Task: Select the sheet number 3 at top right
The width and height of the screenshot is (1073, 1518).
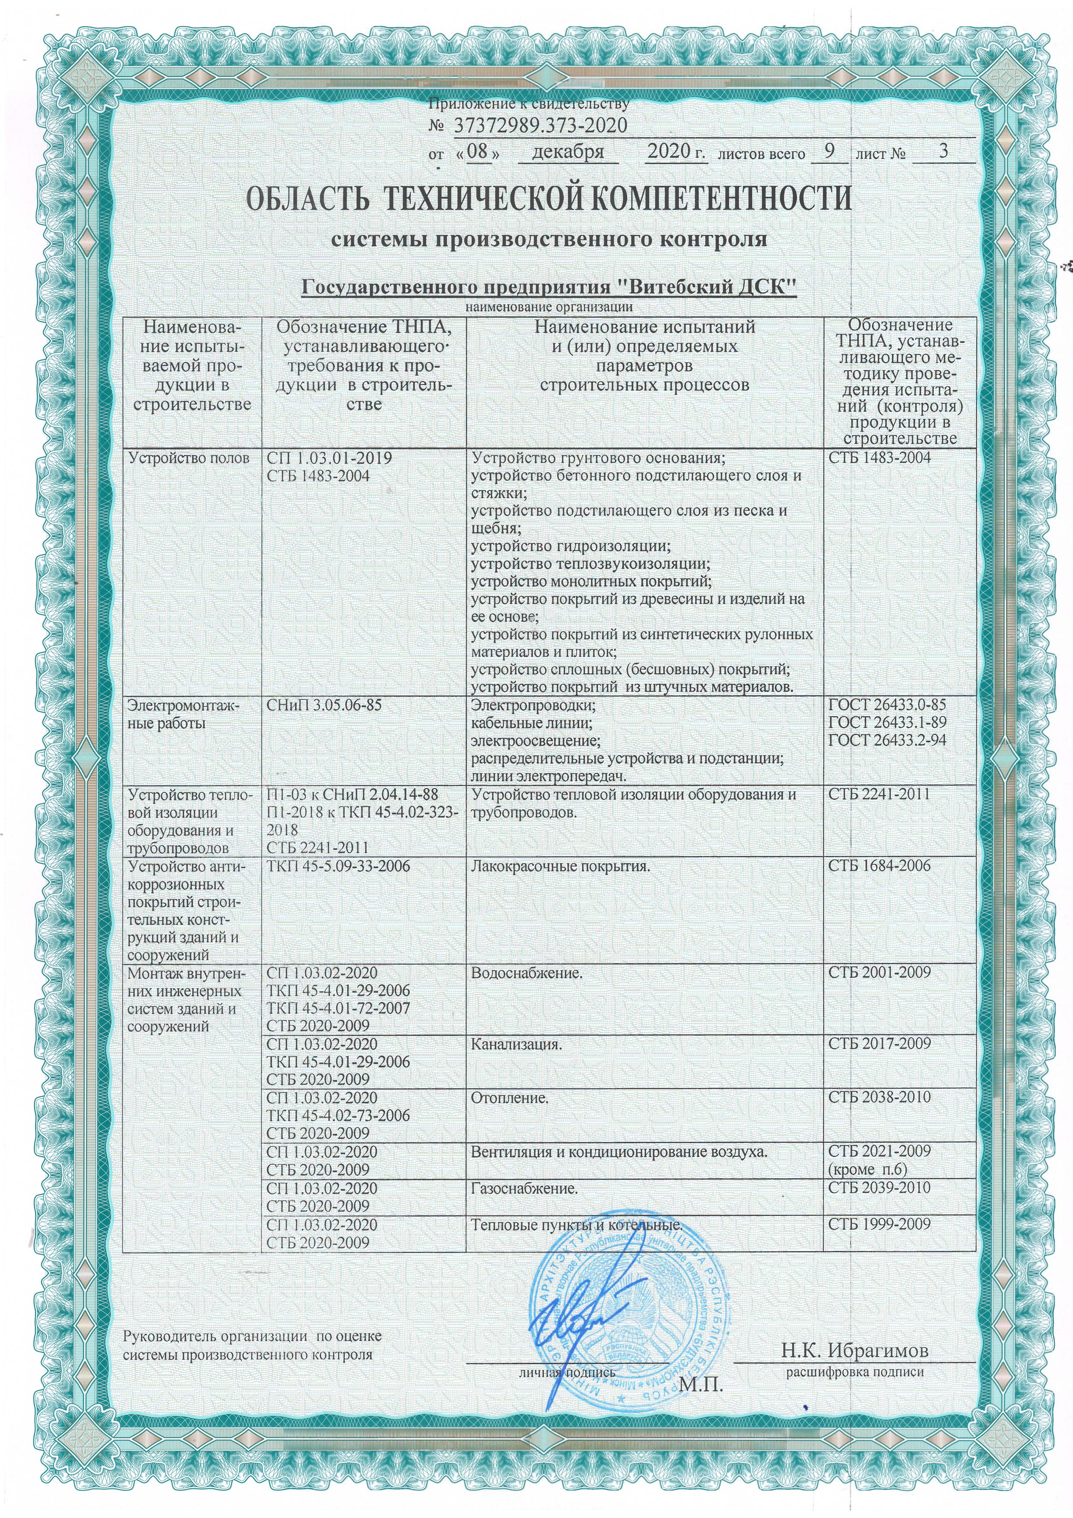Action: pos(943,151)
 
